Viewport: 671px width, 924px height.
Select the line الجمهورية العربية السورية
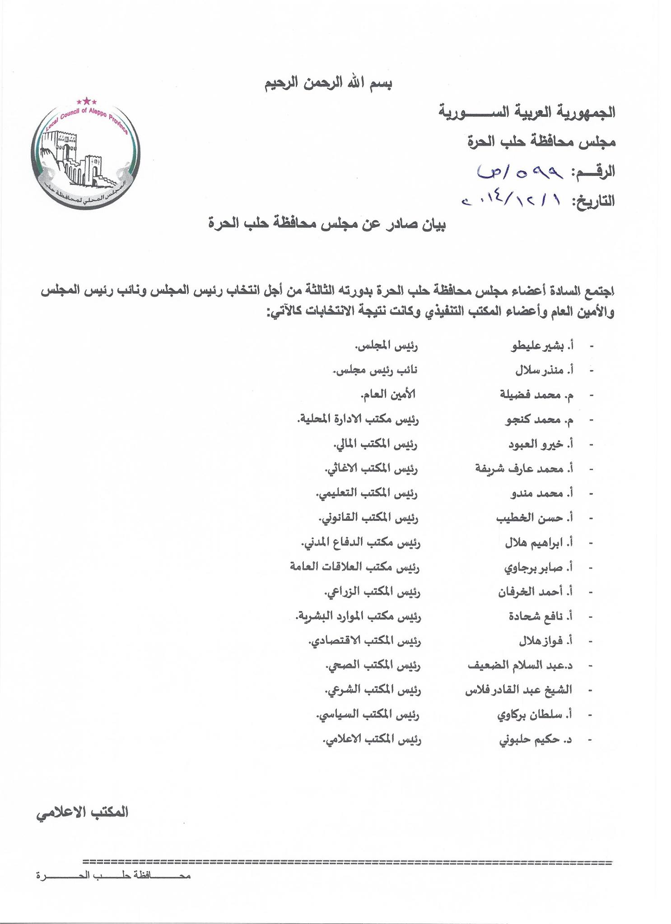[x=527, y=112]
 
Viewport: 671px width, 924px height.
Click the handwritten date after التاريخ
[x=512, y=200]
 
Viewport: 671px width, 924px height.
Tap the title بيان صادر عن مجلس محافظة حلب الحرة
[x=326, y=224]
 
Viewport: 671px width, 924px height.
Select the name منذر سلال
[x=540, y=371]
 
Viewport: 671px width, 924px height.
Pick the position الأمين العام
[x=387, y=395]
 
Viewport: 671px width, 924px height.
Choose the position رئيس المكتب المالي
[x=375, y=445]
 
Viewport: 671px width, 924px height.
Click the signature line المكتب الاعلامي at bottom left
[x=83, y=812]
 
